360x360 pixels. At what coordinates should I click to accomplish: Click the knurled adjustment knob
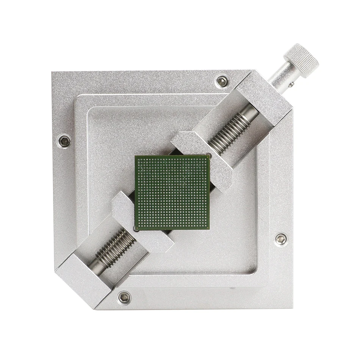[x=301, y=61]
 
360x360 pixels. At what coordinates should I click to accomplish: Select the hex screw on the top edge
[x=222, y=81]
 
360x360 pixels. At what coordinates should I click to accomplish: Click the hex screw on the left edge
[x=65, y=141]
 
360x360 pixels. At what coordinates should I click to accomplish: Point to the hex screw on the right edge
[x=280, y=239]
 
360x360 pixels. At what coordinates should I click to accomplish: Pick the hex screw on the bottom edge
[x=124, y=297]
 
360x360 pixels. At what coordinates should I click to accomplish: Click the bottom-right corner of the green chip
[x=210, y=229]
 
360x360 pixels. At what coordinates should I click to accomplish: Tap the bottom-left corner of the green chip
[x=136, y=230]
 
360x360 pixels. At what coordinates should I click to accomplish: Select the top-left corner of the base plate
[x=52, y=72]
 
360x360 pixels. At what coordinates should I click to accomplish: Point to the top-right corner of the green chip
[x=210, y=155]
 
